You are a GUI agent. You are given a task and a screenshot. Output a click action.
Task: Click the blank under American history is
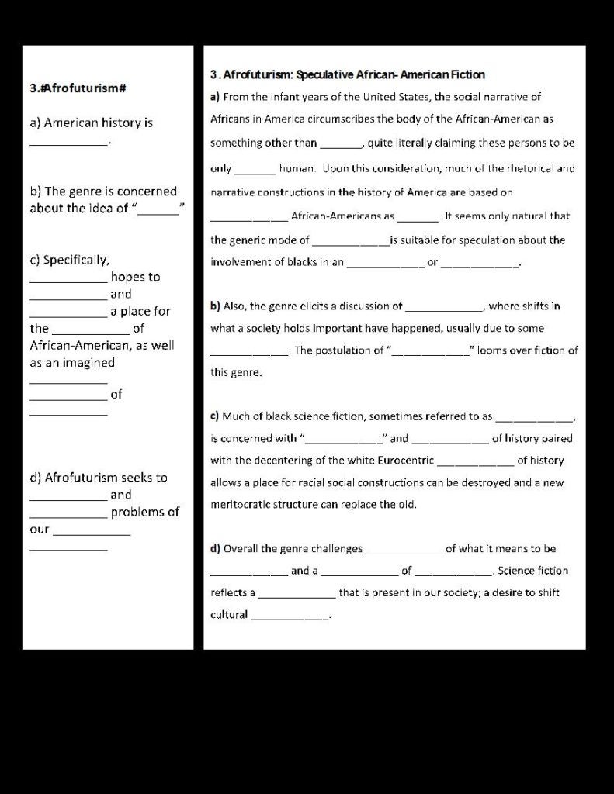(69, 143)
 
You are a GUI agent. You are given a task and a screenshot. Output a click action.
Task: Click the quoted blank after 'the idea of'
(158, 208)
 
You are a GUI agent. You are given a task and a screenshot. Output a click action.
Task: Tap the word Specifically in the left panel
(77, 260)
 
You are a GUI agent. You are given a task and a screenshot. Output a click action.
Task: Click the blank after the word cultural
(290, 617)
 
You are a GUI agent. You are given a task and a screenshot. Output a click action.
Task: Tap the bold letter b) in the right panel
(216, 306)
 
